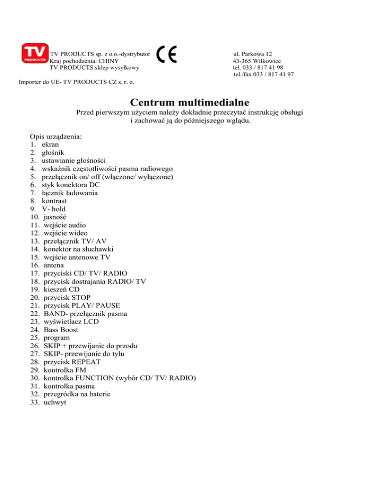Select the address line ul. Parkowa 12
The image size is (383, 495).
252,53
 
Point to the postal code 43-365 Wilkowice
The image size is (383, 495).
256,60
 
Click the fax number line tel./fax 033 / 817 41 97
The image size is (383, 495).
263,74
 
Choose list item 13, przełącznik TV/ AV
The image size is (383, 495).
75,241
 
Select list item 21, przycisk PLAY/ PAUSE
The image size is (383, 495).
81,305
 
